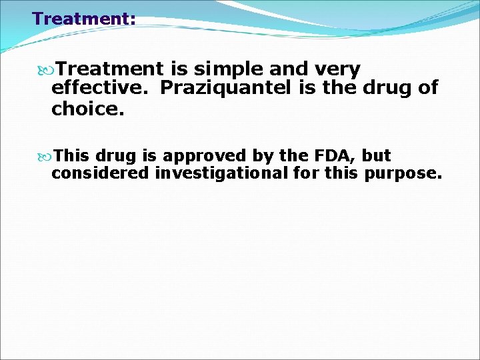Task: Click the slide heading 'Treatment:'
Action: pyautogui.click(x=84, y=19)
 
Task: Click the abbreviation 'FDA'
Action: pyautogui.click(x=327, y=156)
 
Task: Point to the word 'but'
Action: pyautogui.click(x=377, y=156)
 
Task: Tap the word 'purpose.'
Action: pyautogui.click(x=403, y=174)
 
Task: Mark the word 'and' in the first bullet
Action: pyautogui.click(x=293, y=69)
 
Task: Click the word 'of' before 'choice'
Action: pyautogui.click(x=427, y=88)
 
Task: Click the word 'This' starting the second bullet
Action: pyautogui.click(x=73, y=156)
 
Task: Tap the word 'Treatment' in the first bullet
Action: pyautogui.click(x=109, y=69)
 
